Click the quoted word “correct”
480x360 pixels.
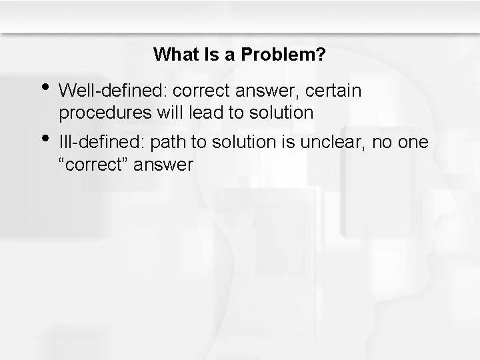point(94,164)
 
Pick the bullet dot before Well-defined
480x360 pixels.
point(45,87)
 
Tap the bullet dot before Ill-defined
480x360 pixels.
point(45,138)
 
